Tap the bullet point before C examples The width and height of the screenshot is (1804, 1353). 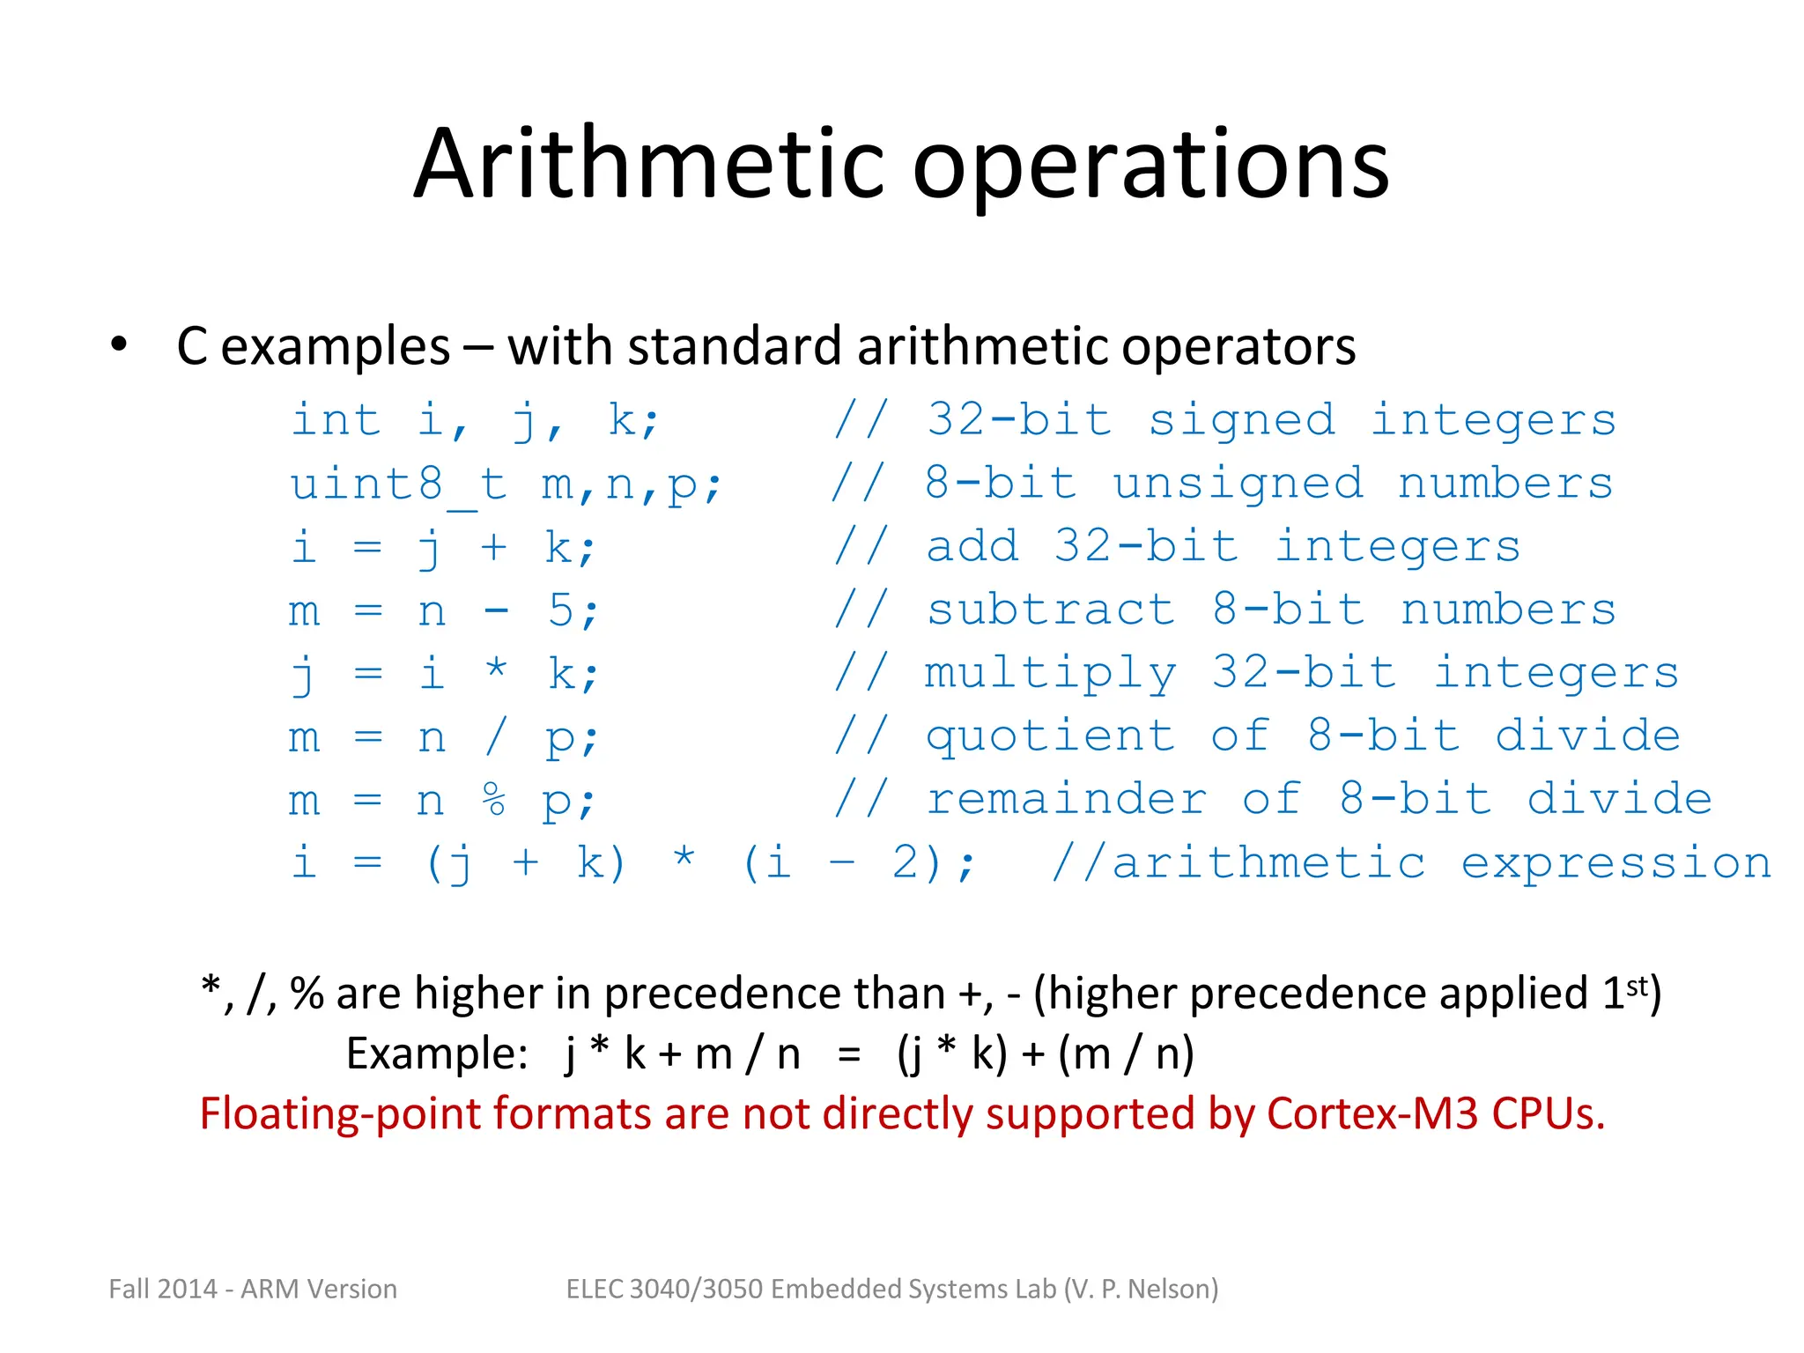119,344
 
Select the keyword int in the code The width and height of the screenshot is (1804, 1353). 336,419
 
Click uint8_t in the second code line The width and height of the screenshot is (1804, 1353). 399,484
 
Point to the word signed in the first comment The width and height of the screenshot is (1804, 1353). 1241,421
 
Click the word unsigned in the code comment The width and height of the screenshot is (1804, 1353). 1238,484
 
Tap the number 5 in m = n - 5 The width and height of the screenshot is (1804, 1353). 561,610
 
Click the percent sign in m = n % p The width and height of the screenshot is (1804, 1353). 494,800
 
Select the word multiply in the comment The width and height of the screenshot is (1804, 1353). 1050,674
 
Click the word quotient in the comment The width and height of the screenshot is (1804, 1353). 1050,737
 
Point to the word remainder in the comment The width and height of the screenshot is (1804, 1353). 1066,800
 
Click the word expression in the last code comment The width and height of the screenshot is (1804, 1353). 1616,863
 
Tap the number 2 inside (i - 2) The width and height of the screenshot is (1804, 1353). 906,862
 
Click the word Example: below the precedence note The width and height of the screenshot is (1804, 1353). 437,1054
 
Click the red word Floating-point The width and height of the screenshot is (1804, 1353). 338,1115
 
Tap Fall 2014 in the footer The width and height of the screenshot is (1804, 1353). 163,1289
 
